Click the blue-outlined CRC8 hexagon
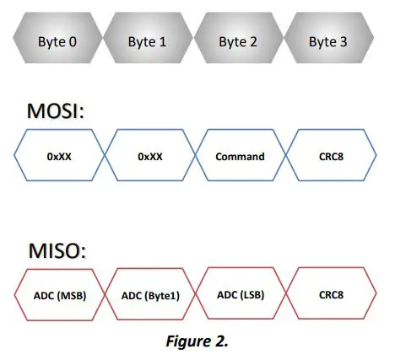click(329, 156)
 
